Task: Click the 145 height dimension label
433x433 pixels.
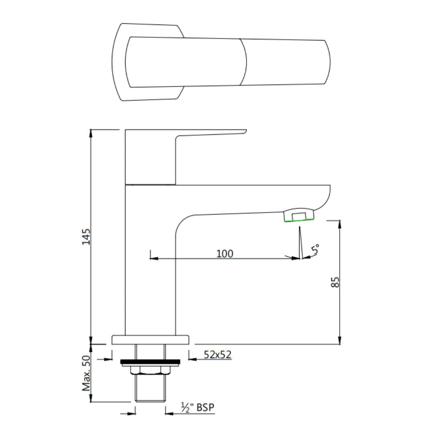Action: click(x=86, y=237)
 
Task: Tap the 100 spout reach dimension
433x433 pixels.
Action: click(x=225, y=253)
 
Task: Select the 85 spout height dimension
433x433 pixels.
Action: click(x=336, y=282)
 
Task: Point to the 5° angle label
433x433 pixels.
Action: click(x=316, y=249)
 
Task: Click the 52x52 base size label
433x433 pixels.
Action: click(x=217, y=354)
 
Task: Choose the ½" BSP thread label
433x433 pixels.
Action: click(x=198, y=408)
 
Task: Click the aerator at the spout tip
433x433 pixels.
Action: click(x=299, y=215)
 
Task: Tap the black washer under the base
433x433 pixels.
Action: click(x=150, y=362)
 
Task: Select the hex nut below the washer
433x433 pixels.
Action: click(x=150, y=370)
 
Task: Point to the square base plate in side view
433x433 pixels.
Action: click(x=150, y=340)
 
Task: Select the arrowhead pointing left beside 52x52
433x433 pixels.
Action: click(x=192, y=359)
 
